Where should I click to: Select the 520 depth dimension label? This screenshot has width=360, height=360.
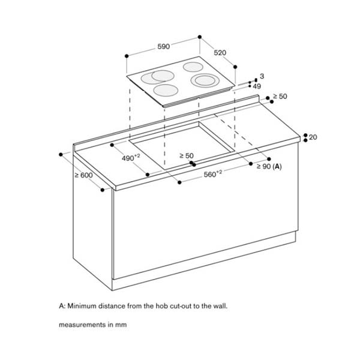(x=220, y=53)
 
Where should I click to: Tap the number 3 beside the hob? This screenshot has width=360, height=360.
(x=262, y=77)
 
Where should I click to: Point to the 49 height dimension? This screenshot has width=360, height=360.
(x=257, y=87)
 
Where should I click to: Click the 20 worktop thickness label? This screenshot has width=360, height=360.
(x=313, y=137)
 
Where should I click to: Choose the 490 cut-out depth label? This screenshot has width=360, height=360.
(x=130, y=158)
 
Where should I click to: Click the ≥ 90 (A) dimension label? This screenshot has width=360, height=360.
(x=269, y=166)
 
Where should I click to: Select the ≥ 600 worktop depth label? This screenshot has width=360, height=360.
(x=83, y=175)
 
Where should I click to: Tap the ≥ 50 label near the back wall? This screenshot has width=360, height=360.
(x=280, y=96)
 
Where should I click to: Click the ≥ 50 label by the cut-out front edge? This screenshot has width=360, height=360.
(x=187, y=156)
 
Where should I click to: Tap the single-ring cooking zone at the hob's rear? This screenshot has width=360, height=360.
(x=193, y=67)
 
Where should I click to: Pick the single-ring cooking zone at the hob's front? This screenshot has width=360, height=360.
(x=166, y=91)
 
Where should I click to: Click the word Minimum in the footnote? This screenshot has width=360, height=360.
(x=83, y=306)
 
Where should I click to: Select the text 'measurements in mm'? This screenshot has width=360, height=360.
(x=92, y=325)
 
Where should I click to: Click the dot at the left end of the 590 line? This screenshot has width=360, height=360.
(x=127, y=56)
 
